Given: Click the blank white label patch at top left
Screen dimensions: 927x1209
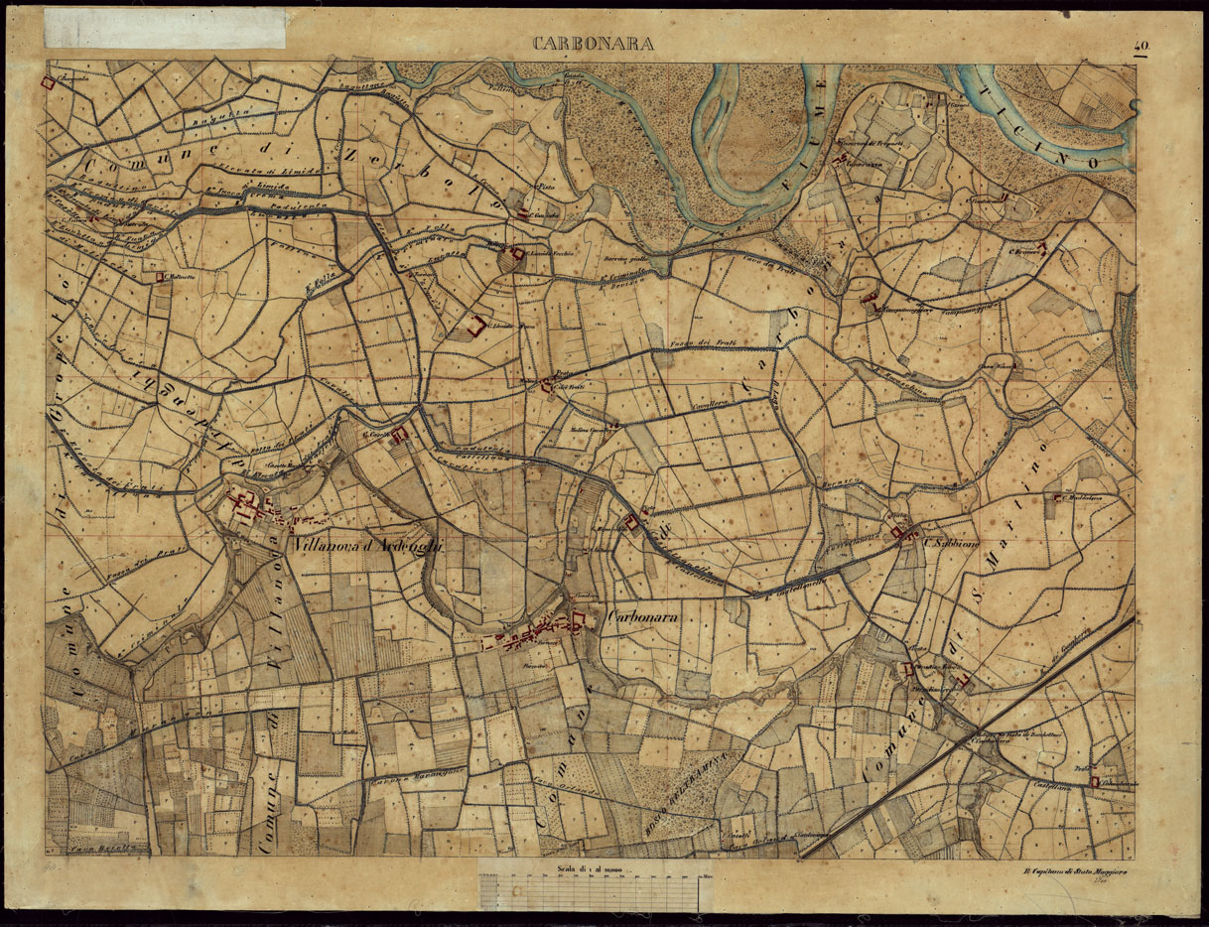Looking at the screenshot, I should pyautogui.click(x=166, y=28).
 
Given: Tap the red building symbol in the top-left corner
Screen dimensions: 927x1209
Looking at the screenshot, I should pyautogui.click(x=47, y=84).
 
